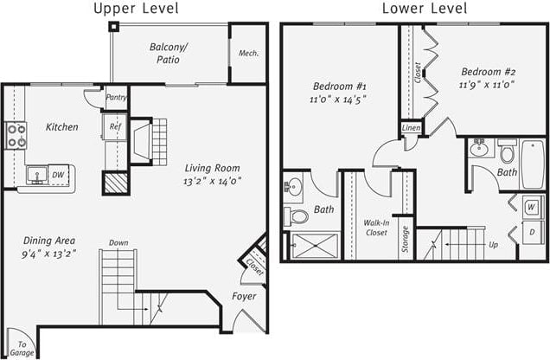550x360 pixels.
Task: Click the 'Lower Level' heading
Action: pos(424,9)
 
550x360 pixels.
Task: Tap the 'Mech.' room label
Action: pos(249,54)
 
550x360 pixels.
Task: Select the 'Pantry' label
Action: pos(116,98)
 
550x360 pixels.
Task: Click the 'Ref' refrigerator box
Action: pos(115,127)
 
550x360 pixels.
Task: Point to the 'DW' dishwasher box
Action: pos(58,174)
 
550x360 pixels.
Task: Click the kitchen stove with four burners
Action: pos(16,136)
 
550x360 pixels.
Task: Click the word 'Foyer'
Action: pos(244,297)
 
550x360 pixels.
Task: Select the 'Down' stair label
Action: pos(118,243)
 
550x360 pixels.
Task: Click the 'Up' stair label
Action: pos(493,245)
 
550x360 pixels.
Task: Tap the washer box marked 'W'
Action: pos(531,207)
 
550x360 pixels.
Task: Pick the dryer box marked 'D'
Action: pos(531,235)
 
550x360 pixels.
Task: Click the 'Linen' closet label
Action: pos(412,129)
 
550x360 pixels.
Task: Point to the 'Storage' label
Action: pos(405,241)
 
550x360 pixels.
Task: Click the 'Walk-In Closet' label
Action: pos(374,227)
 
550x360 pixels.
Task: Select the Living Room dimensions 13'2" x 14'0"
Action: pos(213,181)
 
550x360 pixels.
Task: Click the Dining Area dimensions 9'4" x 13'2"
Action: pos(48,254)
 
